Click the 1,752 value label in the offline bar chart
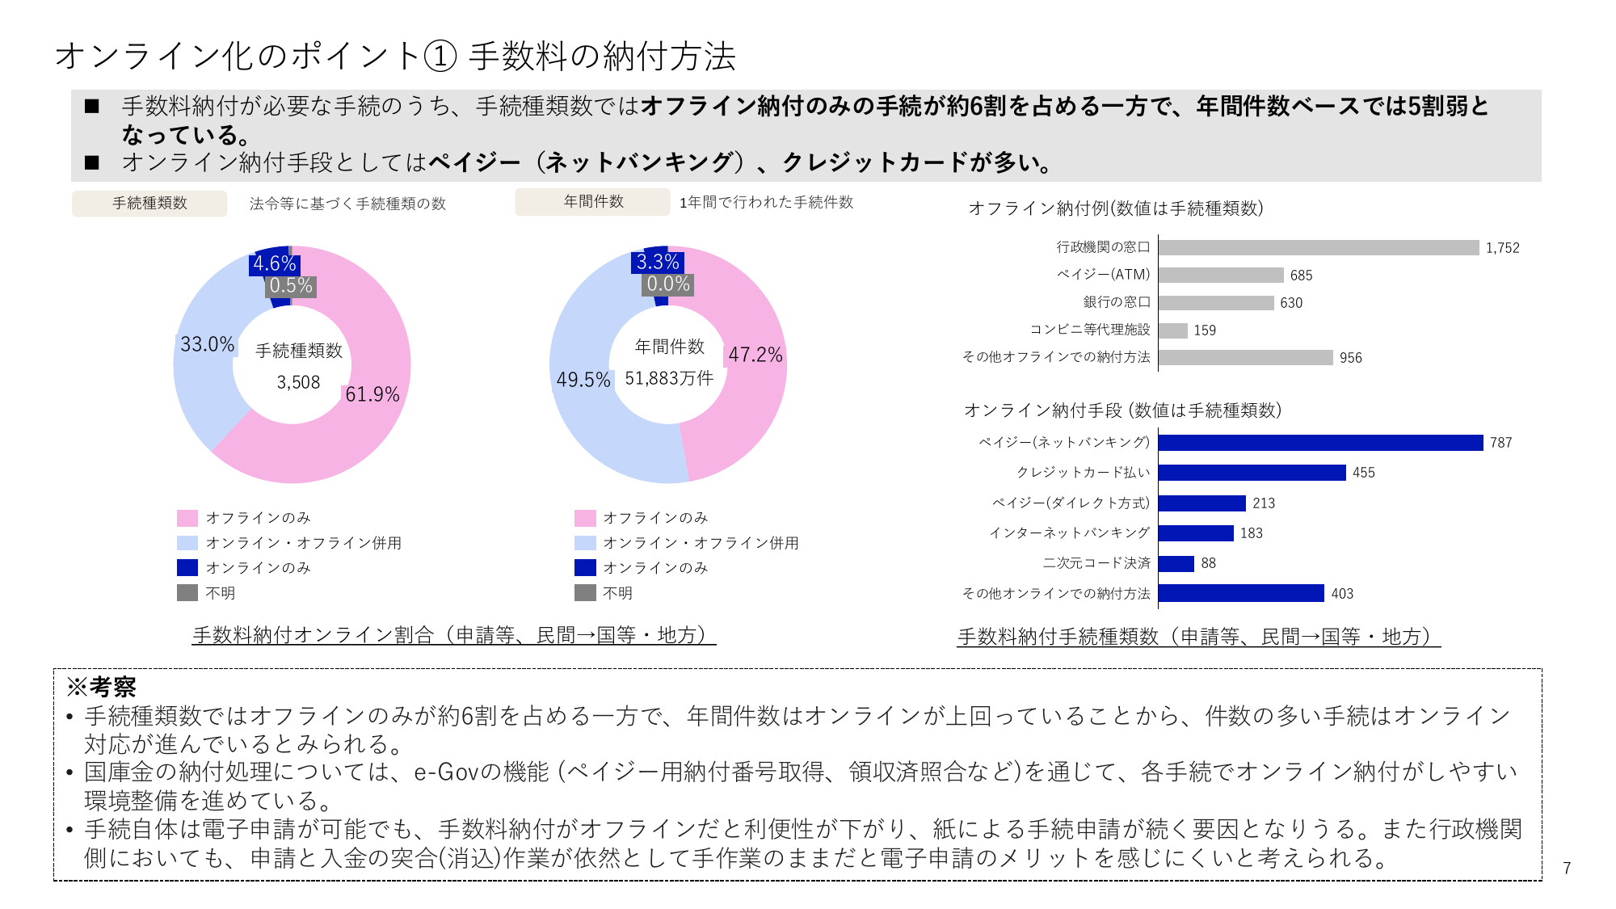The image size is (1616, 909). [1502, 248]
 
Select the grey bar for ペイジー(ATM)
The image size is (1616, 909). [1220, 276]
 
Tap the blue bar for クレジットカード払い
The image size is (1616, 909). [1252, 473]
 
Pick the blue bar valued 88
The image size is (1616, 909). [1176, 563]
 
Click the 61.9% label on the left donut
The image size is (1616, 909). [372, 394]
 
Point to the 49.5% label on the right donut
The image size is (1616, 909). [583, 380]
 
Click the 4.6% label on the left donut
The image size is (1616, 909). [274, 263]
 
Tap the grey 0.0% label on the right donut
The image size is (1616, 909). [668, 284]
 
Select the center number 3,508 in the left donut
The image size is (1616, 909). [298, 383]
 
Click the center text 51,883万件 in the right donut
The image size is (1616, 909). [669, 378]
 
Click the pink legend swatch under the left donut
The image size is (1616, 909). [187, 518]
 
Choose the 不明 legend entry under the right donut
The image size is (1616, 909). [617, 593]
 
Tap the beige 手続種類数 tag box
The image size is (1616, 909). [149, 204]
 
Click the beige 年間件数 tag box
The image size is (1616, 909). [593, 202]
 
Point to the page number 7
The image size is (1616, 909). [1567, 868]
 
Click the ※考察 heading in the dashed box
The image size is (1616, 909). [101, 687]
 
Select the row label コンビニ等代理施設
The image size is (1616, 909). [1089, 330]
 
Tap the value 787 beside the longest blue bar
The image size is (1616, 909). [1500, 443]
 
